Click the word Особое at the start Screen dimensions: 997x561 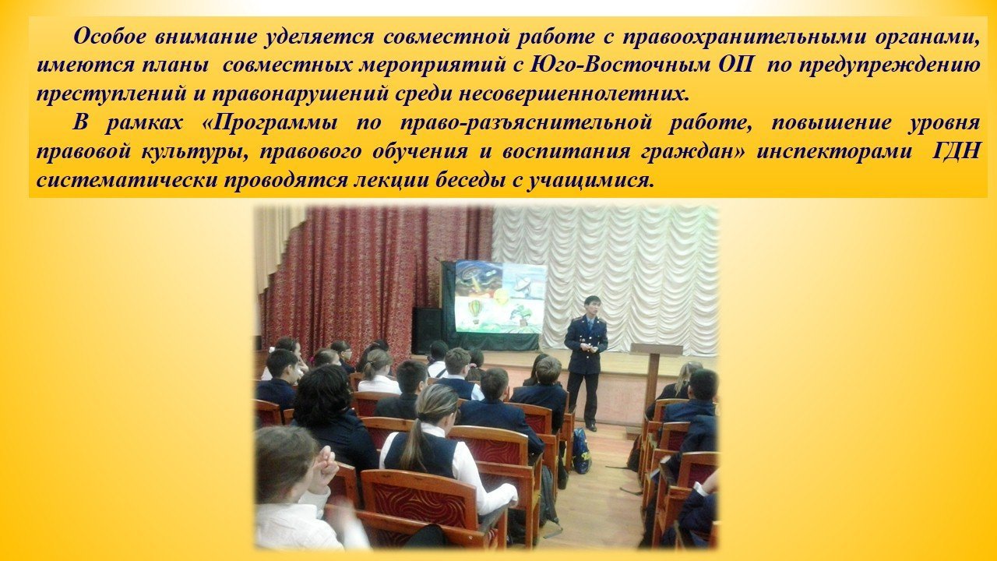(110, 36)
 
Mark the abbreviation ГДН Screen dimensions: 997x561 (958, 152)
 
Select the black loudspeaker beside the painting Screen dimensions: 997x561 (426, 330)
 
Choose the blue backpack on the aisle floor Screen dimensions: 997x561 (581, 450)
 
